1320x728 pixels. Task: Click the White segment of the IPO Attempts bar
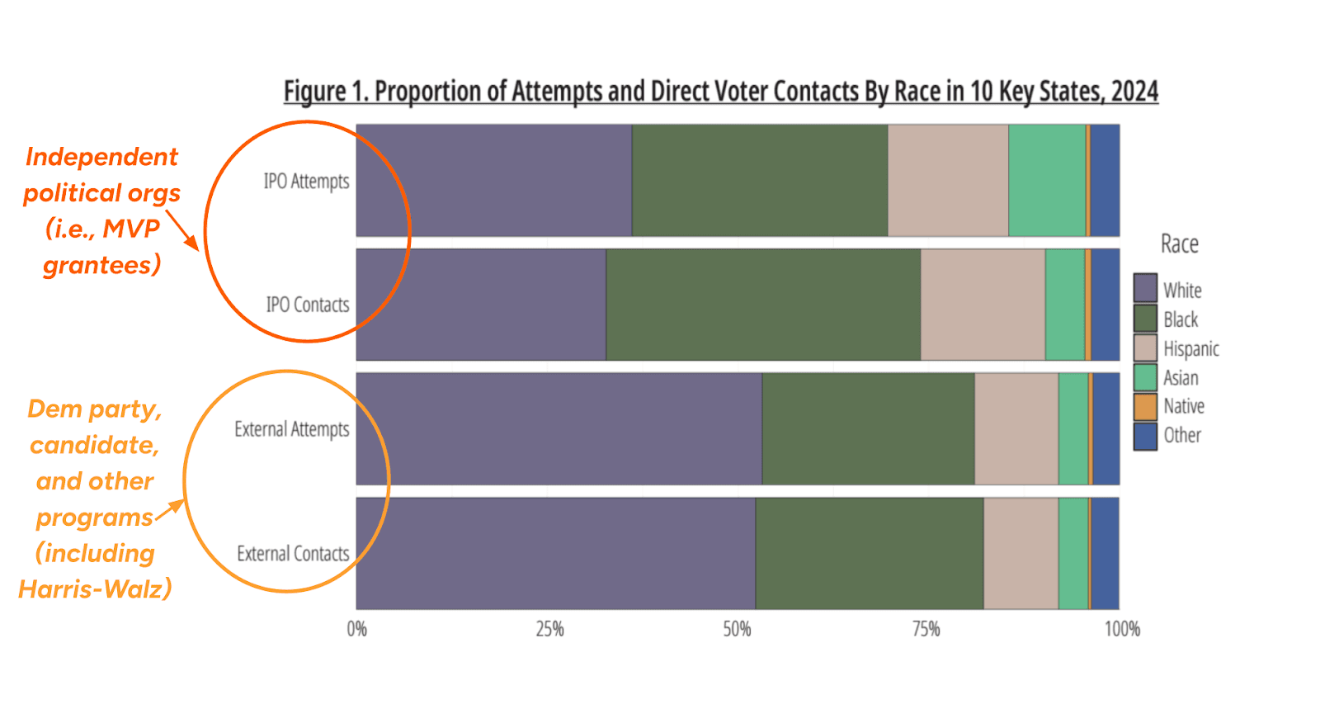tap(493, 181)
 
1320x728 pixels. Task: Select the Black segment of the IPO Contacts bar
tap(763, 305)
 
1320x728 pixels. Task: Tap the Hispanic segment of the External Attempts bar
tap(1016, 429)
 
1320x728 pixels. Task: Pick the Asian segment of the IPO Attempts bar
tap(1047, 181)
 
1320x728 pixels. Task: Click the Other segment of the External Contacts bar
tap(1105, 553)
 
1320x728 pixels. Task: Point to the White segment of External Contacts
tap(555, 553)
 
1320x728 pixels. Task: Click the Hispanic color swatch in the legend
tap(1145, 348)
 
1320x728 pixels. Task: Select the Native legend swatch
tap(1145, 406)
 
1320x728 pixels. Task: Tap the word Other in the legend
tap(1181, 435)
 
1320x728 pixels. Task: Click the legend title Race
tap(1179, 244)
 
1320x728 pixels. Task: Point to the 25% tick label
tap(549, 630)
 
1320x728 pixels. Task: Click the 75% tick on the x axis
tap(926, 630)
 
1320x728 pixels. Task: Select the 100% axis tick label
tap(1122, 630)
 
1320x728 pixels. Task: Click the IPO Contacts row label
tap(307, 305)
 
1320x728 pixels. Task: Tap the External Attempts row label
tap(291, 429)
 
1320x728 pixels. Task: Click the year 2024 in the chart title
tap(1134, 91)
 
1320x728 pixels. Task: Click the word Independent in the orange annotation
tap(101, 156)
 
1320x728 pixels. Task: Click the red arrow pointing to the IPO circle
tap(182, 230)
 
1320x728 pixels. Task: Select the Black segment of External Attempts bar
tap(868, 429)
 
